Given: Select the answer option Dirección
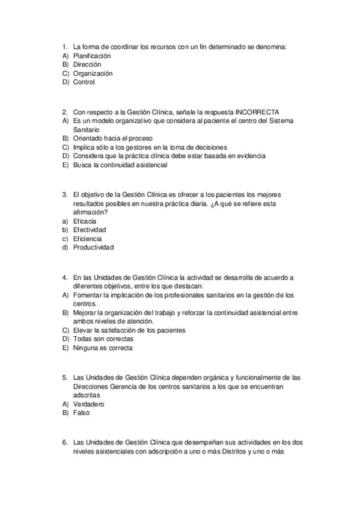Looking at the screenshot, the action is pyautogui.click(x=87, y=64).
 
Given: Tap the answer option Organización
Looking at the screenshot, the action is pyautogui.click(x=93, y=73).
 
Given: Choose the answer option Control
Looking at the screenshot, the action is pyautogui.click(x=84, y=82).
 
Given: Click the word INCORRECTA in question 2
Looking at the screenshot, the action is pyautogui.click(x=257, y=111).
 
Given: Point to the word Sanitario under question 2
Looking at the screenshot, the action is pyautogui.click(x=87, y=129).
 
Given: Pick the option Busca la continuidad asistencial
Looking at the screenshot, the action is pyautogui.click(x=120, y=165).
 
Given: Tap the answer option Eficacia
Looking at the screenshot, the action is pyautogui.click(x=84, y=221).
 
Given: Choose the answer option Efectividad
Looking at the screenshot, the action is pyautogui.click(x=90, y=230).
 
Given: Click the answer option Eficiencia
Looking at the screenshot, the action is pyautogui.click(x=87, y=239).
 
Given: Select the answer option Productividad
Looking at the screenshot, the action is pyautogui.click(x=93, y=247).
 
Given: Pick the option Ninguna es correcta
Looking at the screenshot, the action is pyautogui.click(x=102, y=348).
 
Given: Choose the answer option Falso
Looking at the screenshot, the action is pyautogui.click(x=81, y=413).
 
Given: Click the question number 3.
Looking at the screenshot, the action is pyautogui.click(x=64, y=194).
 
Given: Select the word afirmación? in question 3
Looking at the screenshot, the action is pyautogui.click(x=90, y=212).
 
